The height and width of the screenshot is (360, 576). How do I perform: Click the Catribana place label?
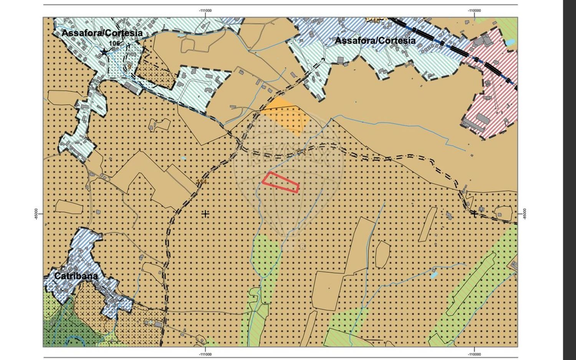click(x=76, y=276)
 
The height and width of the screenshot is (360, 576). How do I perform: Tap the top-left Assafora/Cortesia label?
click(x=102, y=33)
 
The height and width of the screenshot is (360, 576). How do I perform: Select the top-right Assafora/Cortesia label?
click(x=375, y=41)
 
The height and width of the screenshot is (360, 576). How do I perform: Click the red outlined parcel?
click(x=281, y=182)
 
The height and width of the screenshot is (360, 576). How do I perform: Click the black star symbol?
click(x=104, y=51)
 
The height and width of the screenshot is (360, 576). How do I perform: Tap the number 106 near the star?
click(x=114, y=43)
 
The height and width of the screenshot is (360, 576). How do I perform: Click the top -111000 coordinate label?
click(x=205, y=11)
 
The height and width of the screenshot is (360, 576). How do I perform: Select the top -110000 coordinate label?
click(x=474, y=11)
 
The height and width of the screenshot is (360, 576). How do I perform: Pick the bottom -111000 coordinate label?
click(x=205, y=354)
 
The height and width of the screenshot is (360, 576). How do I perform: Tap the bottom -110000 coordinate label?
click(x=474, y=354)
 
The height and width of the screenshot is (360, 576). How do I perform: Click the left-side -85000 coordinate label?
click(x=36, y=214)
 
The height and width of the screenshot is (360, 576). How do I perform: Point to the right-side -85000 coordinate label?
click(x=525, y=214)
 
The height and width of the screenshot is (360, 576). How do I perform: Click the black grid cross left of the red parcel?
click(x=205, y=214)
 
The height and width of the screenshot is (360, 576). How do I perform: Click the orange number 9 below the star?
click(x=129, y=66)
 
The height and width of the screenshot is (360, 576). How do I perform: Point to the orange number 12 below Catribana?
click(x=103, y=319)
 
